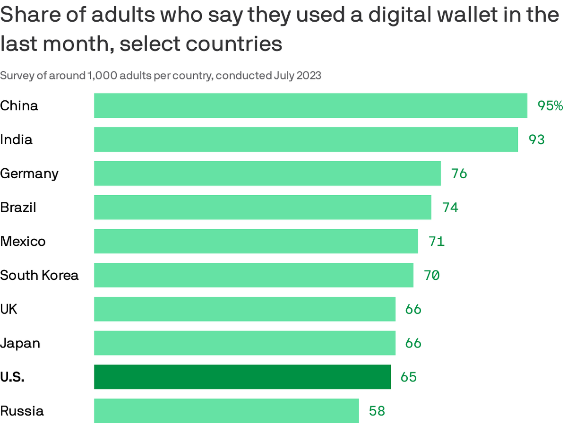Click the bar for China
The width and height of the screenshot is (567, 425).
coord(310,105)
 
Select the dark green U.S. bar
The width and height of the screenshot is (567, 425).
coord(242,377)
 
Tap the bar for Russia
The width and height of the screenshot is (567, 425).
coord(226,411)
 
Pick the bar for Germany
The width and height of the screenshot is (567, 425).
coord(267,173)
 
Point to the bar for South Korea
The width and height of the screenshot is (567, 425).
coord(254,275)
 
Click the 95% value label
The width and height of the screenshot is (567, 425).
coord(550,106)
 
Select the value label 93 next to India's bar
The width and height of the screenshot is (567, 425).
coord(536,140)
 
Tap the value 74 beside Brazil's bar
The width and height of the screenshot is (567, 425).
coord(450,208)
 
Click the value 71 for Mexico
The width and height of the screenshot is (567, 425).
coord(437,242)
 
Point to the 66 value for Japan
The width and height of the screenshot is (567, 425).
coord(413,343)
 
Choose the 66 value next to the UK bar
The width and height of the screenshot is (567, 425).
coord(413,309)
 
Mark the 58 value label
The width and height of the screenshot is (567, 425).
coord(377,411)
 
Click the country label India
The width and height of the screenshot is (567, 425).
coord(17,139)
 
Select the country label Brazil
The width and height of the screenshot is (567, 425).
coord(18,207)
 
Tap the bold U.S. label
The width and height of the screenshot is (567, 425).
coord(12,377)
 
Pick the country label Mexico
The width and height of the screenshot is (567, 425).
coord(23,241)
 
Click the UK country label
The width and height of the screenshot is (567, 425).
coord(9,309)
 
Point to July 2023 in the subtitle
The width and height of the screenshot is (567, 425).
coord(297,76)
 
